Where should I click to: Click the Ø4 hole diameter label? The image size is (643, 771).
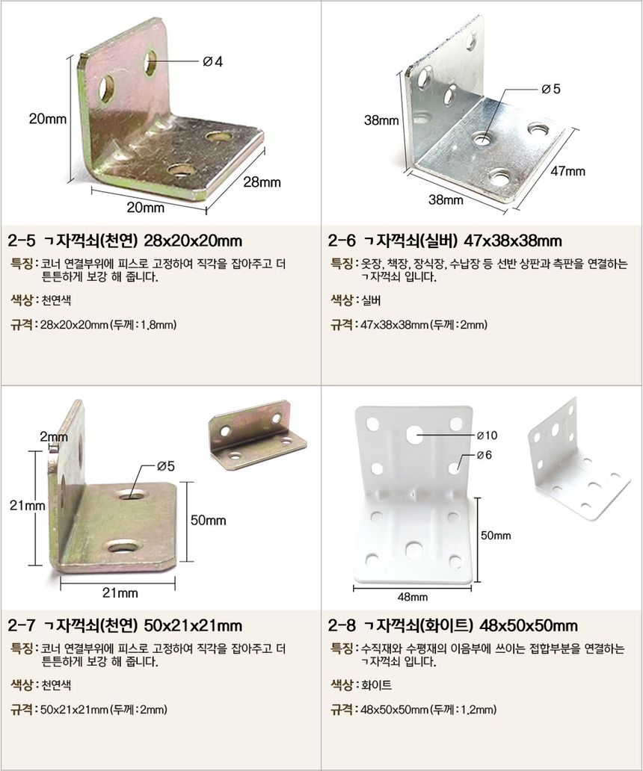click(x=212, y=61)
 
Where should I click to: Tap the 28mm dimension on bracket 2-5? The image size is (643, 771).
click(x=262, y=182)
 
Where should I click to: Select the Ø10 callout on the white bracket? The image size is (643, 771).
click(x=487, y=435)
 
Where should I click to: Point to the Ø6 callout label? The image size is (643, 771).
click(x=484, y=455)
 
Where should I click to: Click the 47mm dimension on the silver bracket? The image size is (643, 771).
click(x=567, y=171)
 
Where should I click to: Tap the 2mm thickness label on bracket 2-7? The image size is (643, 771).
click(x=54, y=436)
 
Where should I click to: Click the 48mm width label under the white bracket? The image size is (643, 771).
click(x=412, y=597)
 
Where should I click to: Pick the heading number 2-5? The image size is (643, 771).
click(x=22, y=241)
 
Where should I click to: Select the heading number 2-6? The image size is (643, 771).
click(x=342, y=241)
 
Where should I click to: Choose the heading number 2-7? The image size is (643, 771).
click(x=22, y=625)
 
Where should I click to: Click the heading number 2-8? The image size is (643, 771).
click(x=342, y=625)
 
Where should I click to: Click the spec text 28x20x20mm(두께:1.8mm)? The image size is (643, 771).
click(x=108, y=324)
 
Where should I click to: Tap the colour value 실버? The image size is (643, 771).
click(x=371, y=300)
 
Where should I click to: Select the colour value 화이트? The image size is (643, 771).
click(x=376, y=685)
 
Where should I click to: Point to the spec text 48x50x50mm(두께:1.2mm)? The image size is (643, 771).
click(x=428, y=710)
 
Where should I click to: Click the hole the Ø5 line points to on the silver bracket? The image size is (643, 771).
click(x=483, y=139)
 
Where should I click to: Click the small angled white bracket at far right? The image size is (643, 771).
click(x=579, y=459)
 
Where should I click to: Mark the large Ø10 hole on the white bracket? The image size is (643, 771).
click(x=415, y=433)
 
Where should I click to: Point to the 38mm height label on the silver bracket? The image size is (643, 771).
click(x=381, y=120)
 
